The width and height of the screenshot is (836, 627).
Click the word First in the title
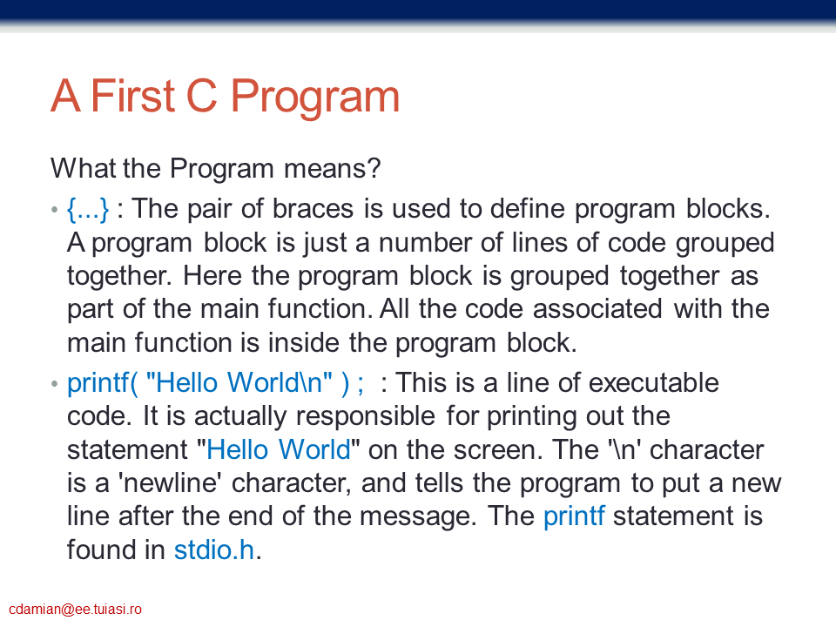[133, 96]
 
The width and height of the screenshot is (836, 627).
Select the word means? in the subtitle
[332, 168]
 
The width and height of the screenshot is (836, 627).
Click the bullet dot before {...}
[54, 210]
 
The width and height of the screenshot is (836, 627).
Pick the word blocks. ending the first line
[728, 208]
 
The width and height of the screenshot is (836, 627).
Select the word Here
[212, 276]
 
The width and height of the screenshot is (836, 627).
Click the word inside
[303, 343]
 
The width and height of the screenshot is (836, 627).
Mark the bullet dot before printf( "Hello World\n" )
[54, 383]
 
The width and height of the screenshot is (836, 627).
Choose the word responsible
[366, 416]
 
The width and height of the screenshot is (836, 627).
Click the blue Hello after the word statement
[237, 450]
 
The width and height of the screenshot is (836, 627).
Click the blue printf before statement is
[574, 516]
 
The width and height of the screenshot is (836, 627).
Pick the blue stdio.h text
[214, 550]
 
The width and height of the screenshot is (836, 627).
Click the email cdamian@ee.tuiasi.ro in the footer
[75, 610]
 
